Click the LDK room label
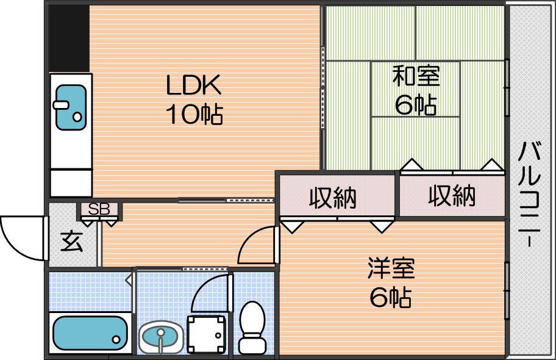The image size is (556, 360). [x=194, y=84]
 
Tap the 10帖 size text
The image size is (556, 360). [x=194, y=114]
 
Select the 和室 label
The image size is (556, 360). [x=416, y=76]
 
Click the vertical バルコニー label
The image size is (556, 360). [x=530, y=194]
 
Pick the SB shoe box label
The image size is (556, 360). [x=99, y=209]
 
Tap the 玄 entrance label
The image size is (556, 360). [x=72, y=242]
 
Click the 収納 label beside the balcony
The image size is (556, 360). [x=451, y=196]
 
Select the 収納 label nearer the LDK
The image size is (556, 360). [x=333, y=198]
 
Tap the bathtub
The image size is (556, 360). [x=90, y=333]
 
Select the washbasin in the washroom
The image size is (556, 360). [x=161, y=337]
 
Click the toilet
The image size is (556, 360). [x=252, y=327]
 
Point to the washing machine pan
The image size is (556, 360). [x=206, y=334]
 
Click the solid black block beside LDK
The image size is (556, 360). [x=69, y=38]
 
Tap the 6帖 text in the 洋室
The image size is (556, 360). [x=391, y=298]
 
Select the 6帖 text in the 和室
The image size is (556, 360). [x=416, y=104]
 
